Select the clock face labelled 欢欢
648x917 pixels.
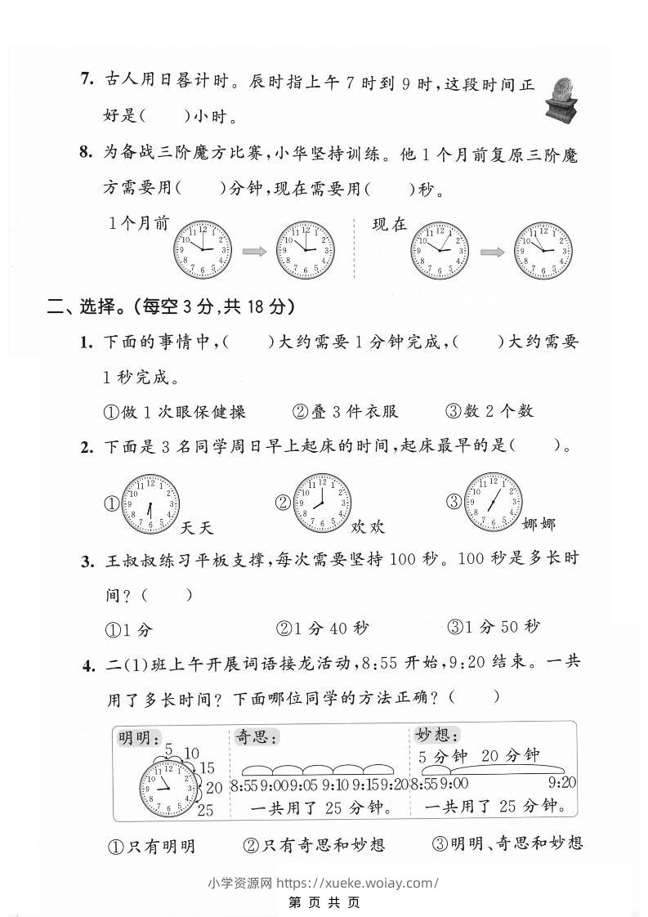click(x=324, y=505)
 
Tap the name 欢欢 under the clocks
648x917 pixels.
click(x=368, y=527)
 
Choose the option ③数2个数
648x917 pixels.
click(x=489, y=412)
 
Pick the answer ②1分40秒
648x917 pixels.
click(x=322, y=628)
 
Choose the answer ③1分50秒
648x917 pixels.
click(x=494, y=628)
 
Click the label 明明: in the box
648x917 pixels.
click(x=140, y=738)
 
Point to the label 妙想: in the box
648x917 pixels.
click(x=437, y=735)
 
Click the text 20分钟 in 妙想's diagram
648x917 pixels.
click(x=511, y=756)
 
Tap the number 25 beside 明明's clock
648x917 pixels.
click(x=206, y=810)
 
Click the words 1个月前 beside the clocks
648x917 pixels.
click(x=139, y=223)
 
